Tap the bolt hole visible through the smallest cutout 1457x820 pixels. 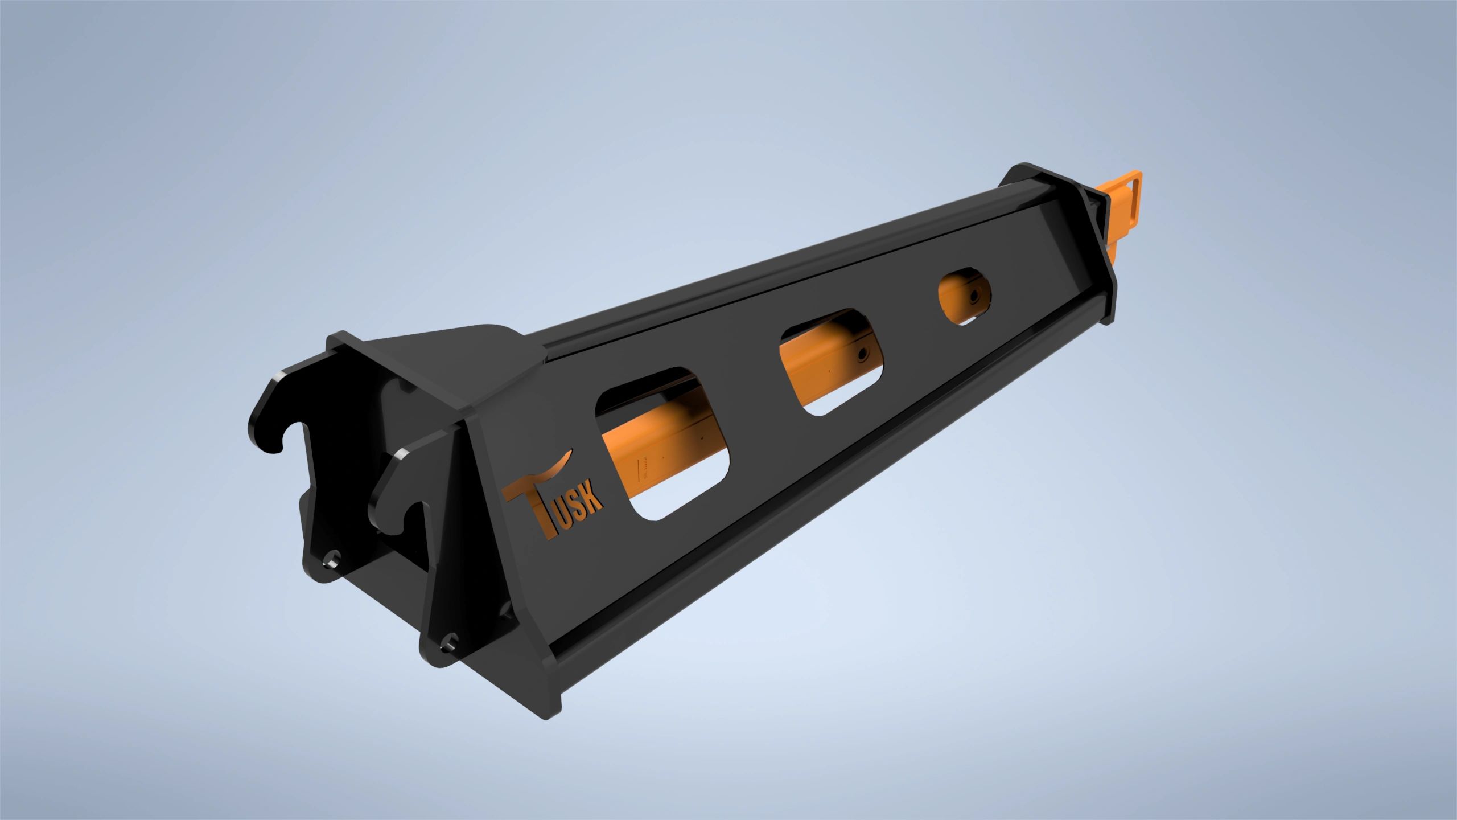pos(974,295)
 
